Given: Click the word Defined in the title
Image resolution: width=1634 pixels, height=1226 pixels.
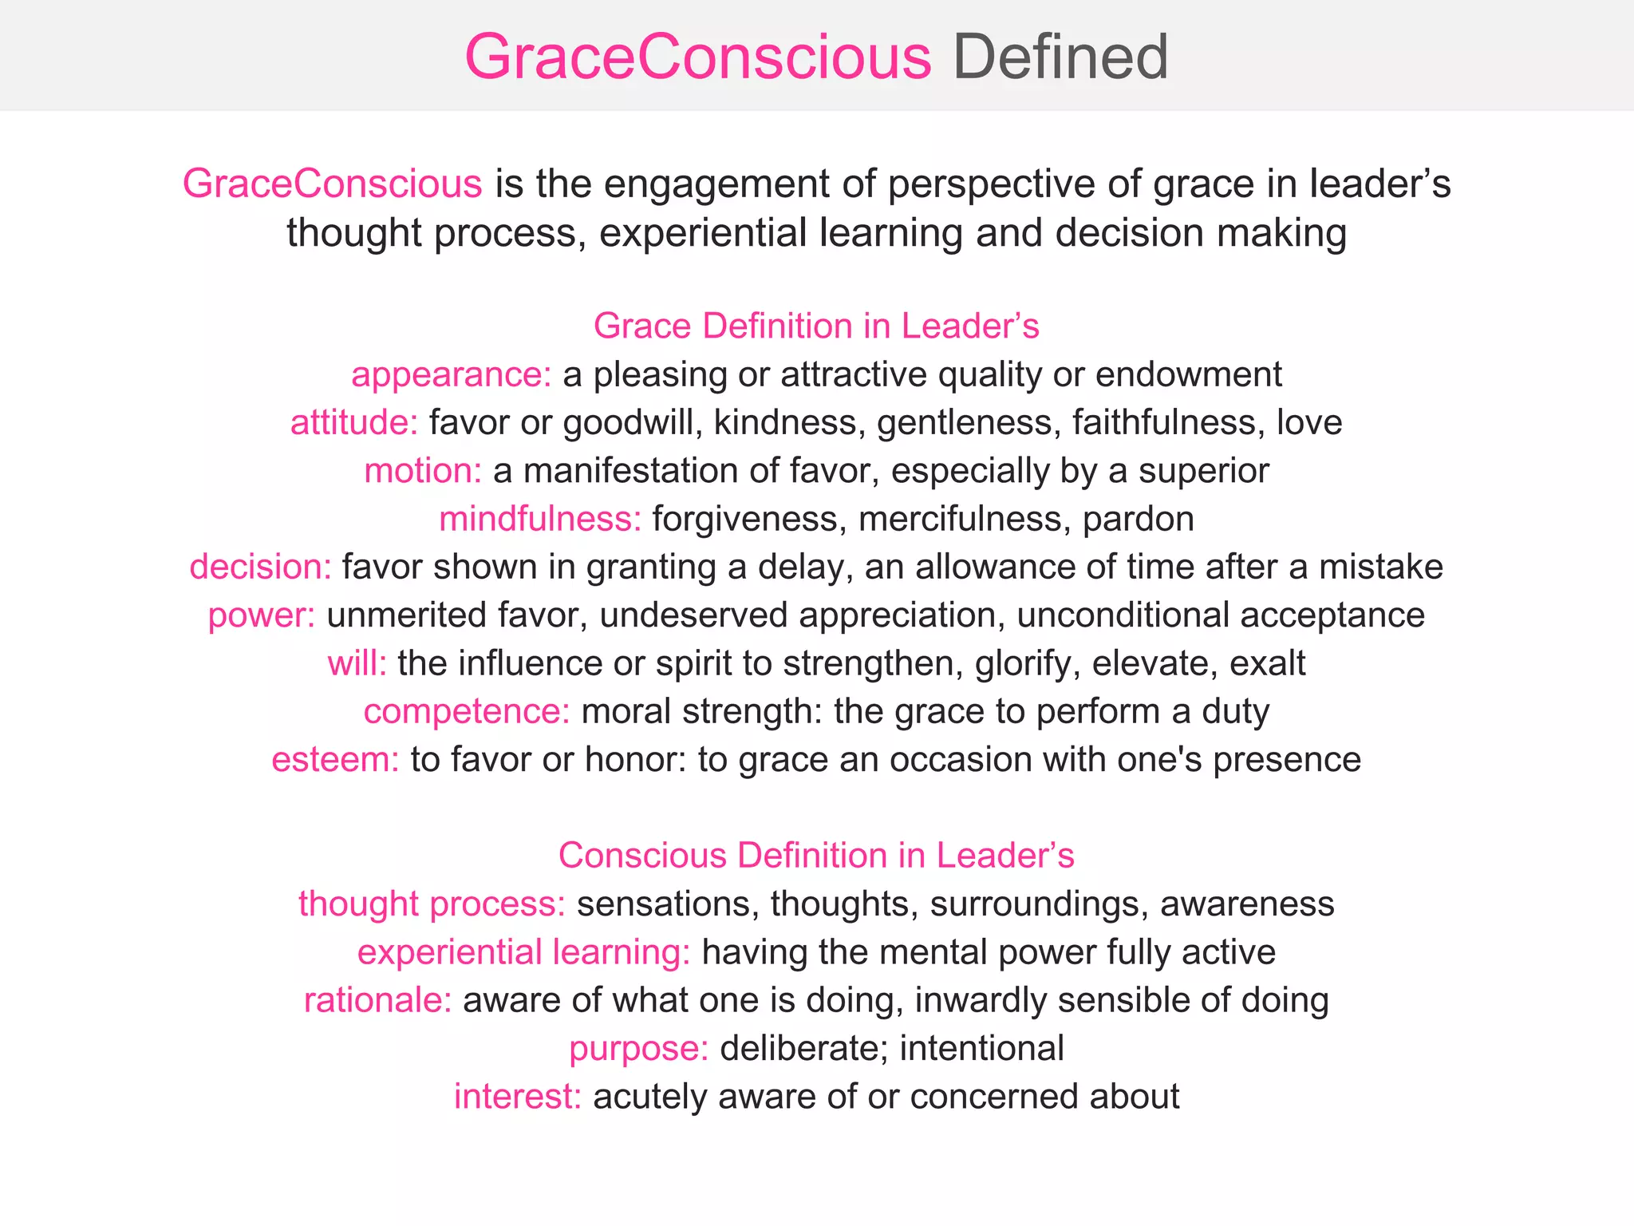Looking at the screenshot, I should [x=1060, y=57].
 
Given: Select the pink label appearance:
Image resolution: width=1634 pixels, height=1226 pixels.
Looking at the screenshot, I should [x=451, y=375].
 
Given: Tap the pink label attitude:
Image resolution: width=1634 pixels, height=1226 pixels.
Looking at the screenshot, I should [x=353, y=423].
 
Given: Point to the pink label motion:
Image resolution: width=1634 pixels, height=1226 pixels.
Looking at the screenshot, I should [x=422, y=471].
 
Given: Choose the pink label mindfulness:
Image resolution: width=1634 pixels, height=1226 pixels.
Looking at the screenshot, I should [x=539, y=520].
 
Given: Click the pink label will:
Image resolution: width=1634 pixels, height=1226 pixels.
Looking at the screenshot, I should [x=357, y=663].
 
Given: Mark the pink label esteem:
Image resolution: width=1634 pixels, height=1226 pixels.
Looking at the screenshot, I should [x=335, y=760].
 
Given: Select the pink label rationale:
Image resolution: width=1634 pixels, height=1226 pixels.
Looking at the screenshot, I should [x=377, y=1001].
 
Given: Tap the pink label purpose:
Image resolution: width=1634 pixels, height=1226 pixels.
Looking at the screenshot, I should [x=638, y=1049].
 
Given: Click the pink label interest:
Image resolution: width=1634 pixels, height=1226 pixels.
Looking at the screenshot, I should [x=517, y=1097].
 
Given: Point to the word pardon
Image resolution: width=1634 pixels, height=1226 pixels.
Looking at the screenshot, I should [x=1138, y=520].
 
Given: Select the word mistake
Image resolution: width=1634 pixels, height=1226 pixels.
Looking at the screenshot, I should [x=1380, y=568].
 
